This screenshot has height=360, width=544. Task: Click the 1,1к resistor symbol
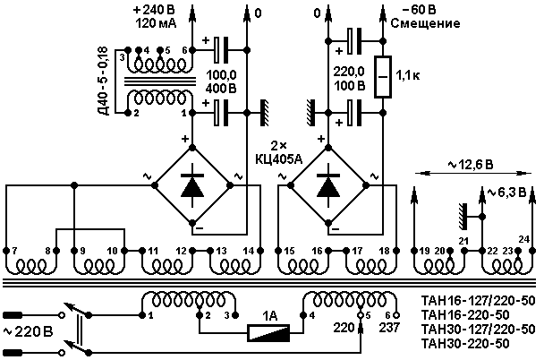click(x=383, y=76)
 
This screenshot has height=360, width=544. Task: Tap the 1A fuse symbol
click(x=268, y=332)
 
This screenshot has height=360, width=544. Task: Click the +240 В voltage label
click(x=154, y=10)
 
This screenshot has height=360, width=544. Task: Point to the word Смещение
click(x=425, y=23)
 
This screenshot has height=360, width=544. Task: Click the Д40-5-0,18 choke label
click(x=103, y=81)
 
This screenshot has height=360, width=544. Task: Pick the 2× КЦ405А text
click(x=278, y=152)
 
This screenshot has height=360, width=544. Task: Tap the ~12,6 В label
click(x=470, y=164)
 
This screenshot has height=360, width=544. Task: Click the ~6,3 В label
click(x=507, y=192)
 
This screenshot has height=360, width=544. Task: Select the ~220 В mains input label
click(x=28, y=332)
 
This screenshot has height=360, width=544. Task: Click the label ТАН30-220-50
click(x=465, y=343)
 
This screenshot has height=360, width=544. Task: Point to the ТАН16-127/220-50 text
click(x=478, y=301)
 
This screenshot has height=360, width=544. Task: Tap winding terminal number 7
click(x=14, y=251)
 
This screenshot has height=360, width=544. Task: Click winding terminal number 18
click(x=384, y=251)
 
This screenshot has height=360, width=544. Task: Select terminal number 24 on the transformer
click(x=524, y=239)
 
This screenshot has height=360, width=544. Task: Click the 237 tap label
click(x=389, y=328)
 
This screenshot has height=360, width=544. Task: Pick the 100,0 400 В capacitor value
click(x=221, y=81)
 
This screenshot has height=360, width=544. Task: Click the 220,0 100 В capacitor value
click(x=349, y=79)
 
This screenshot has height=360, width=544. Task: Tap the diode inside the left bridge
click(x=192, y=185)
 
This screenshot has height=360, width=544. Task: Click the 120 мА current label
click(x=156, y=23)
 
